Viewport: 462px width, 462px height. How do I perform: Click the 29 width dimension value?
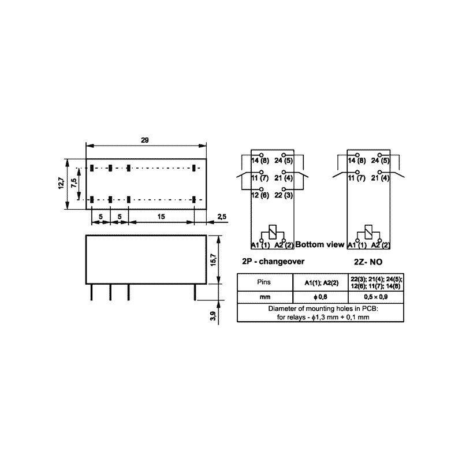145,140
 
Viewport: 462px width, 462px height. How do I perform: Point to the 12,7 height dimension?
61,183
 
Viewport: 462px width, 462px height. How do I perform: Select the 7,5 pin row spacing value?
74,182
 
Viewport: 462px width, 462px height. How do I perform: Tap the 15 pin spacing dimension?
161,217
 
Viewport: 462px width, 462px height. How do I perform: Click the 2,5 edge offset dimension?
222,217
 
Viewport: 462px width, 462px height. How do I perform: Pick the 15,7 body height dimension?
213,259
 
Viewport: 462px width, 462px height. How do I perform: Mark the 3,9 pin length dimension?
213,316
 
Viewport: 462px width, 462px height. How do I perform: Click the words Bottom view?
320,244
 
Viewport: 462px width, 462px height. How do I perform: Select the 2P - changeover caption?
273,262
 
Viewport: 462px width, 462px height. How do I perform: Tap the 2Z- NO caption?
368,262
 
